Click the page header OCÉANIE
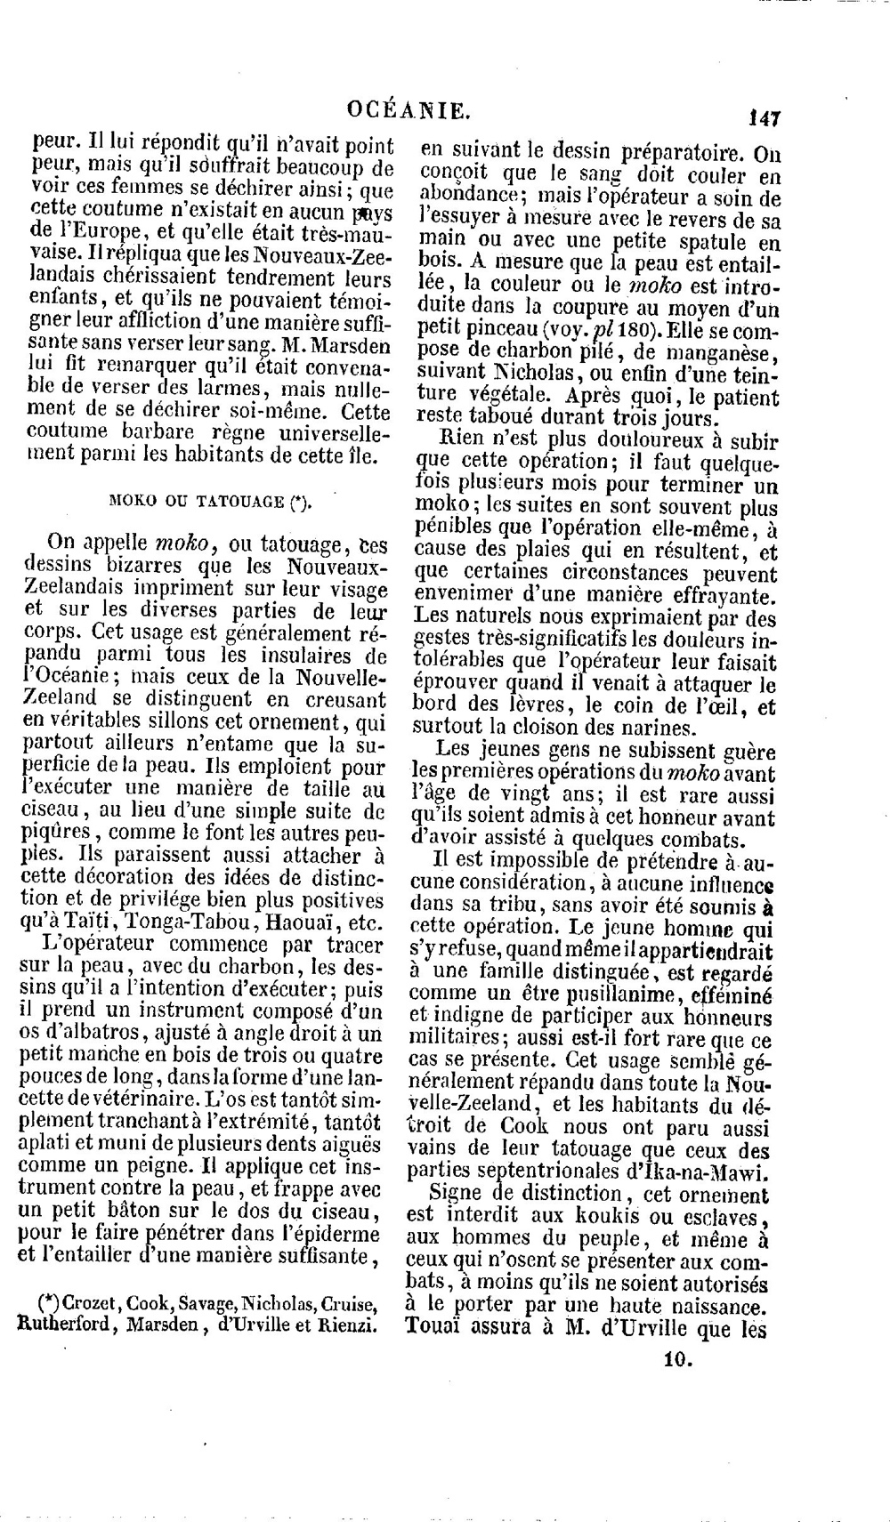pos(409,110)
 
